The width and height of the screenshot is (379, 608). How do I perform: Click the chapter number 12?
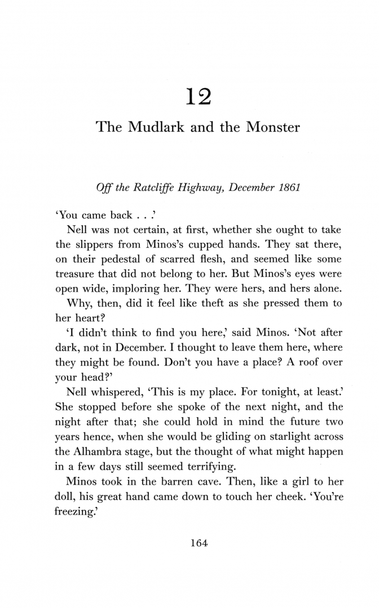coord(198,96)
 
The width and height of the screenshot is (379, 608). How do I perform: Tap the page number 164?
coord(200,543)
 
